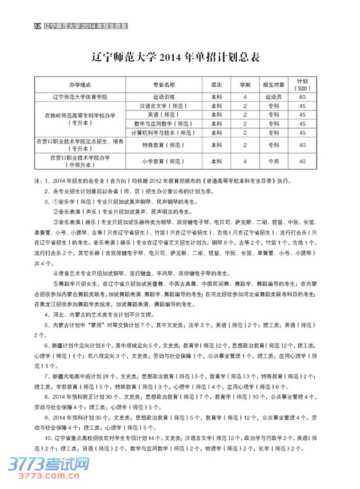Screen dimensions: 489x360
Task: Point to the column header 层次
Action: click(x=216, y=85)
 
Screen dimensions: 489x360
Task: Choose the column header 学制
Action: click(x=245, y=85)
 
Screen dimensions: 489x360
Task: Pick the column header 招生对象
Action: click(x=274, y=85)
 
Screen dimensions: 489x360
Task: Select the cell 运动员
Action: click(x=274, y=97)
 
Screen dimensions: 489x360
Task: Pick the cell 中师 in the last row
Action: click(x=274, y=161)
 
